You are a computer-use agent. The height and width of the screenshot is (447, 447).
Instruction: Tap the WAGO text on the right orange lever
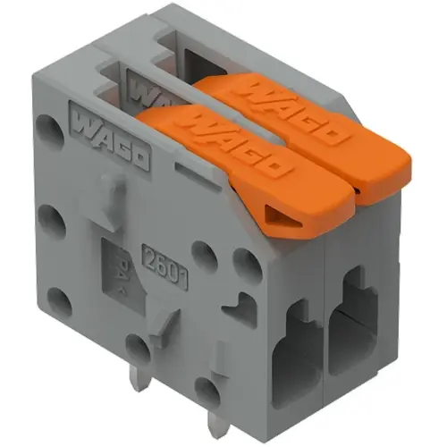point(295,112)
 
